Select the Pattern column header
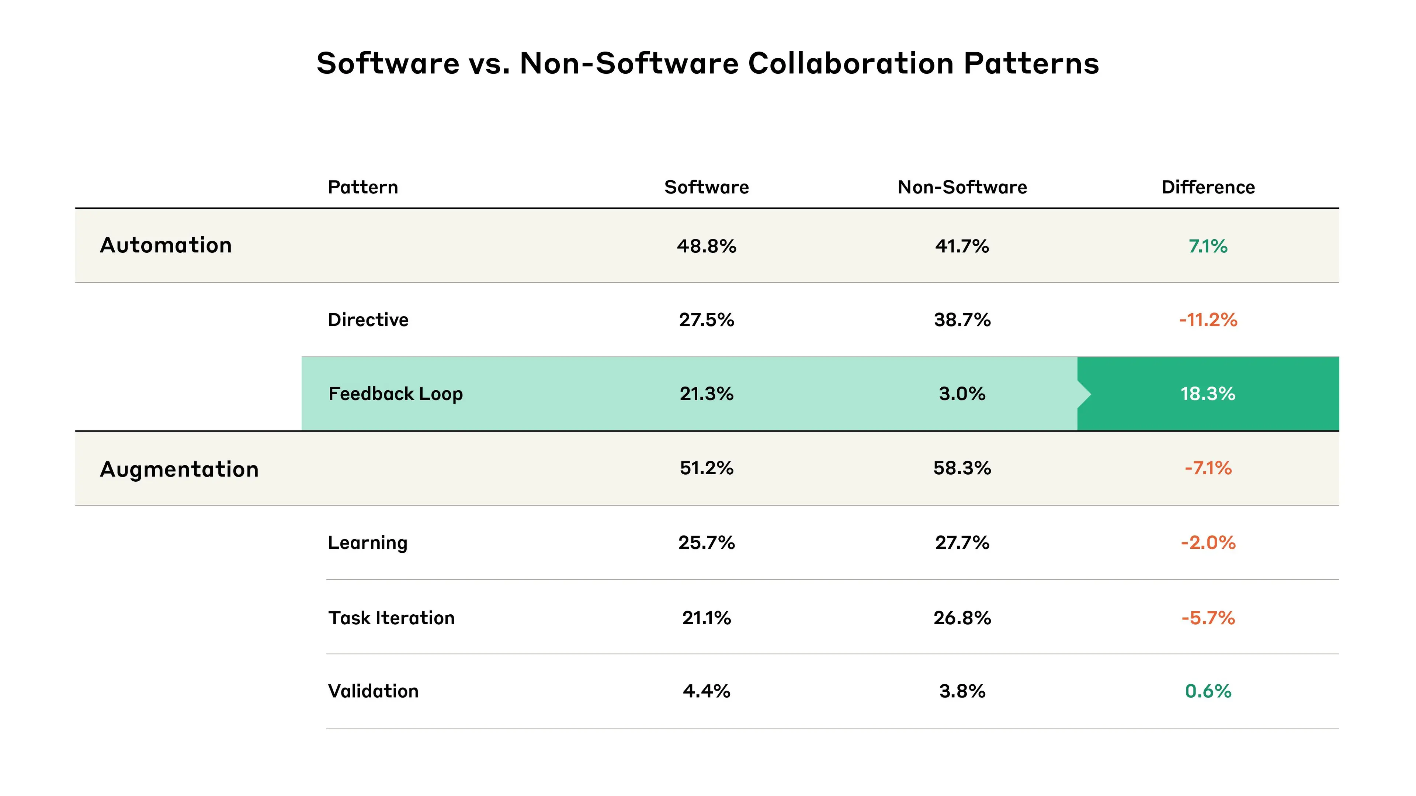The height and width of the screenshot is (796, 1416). [363, 187]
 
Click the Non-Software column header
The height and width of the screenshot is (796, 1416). [962, 187]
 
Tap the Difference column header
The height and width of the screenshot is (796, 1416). [1208, 187]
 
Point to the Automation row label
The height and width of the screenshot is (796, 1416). [166, 245]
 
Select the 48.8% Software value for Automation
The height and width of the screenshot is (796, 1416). [707, 246]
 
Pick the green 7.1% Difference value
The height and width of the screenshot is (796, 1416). [1208, 246]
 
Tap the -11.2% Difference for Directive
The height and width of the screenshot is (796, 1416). [1208, 320]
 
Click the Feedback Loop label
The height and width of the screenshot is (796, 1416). [395, 394]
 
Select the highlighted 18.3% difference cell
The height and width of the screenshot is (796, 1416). [1208, 394]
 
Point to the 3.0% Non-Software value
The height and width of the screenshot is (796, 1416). [962, 394]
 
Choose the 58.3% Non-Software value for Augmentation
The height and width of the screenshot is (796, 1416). [962, 468]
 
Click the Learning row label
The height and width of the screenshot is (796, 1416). [367, 543]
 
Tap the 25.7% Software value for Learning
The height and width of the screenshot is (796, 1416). [707, 543]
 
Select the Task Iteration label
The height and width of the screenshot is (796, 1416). [391, 618]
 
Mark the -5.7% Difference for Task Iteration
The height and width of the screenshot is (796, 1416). [1208, 618]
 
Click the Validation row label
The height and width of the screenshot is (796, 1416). [373, 691]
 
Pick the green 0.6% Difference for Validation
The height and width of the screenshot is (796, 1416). [1208, 691]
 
